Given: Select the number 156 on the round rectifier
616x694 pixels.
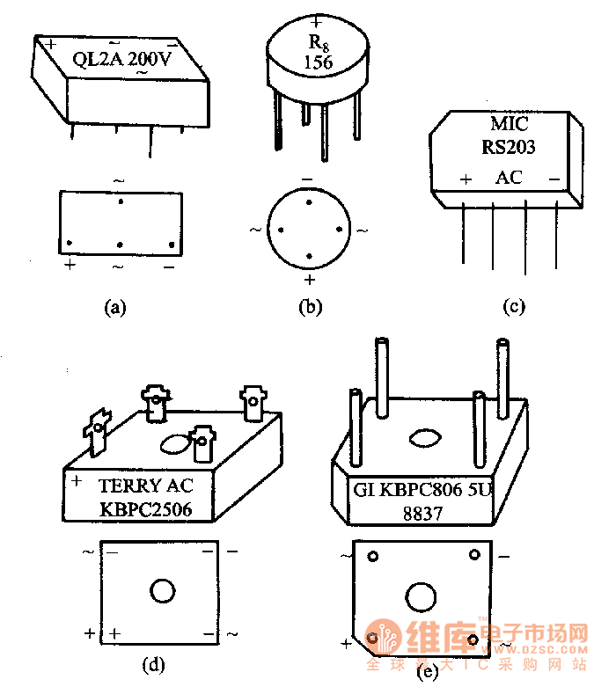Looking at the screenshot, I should (316, 62).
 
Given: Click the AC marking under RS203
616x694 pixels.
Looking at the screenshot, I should (508, 178).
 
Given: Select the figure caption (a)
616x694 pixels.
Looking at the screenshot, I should (115, 307).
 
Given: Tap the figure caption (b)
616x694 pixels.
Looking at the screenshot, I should (310, 307).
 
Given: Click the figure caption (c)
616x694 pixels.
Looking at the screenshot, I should (513, 307).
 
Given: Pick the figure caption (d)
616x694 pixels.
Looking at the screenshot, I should (154, 665).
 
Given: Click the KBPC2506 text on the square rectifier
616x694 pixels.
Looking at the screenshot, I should (145, 509).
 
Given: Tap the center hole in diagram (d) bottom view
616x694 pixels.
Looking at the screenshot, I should (163, 591).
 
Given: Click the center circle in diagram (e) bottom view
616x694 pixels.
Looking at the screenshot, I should (421, 598).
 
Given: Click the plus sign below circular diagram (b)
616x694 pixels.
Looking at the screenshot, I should (309, 280).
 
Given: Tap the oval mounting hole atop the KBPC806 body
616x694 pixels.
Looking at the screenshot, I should (423, 438).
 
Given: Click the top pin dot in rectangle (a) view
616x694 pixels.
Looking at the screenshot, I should (121, 201).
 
